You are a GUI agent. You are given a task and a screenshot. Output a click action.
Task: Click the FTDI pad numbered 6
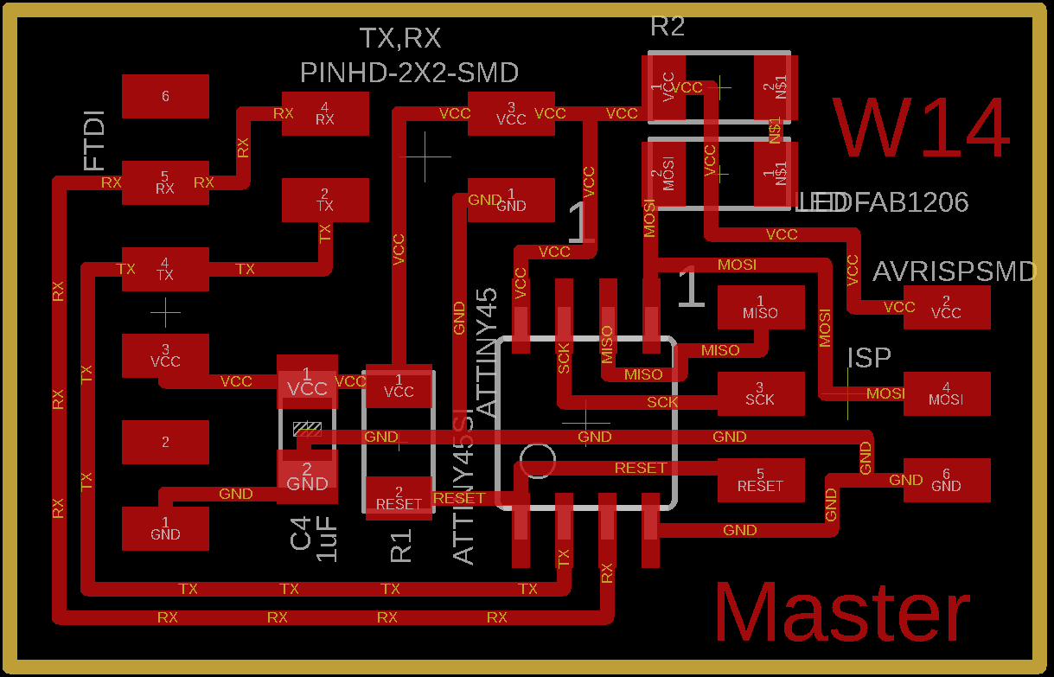(165, 96)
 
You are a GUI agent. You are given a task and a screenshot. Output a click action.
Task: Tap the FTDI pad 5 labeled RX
(165, 182)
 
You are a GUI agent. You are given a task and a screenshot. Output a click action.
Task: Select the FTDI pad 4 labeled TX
(165, 269)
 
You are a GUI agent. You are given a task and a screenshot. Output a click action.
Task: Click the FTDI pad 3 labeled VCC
(165, 355)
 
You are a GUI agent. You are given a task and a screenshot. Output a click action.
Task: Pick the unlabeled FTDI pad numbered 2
(165, 442)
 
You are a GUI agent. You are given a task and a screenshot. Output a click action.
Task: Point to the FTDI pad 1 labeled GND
(165, 528)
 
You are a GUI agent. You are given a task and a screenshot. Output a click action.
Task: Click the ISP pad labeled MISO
(761, 308)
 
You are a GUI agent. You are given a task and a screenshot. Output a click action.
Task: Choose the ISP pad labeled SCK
(761, 394)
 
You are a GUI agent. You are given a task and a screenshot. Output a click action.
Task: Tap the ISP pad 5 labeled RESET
(761, 480)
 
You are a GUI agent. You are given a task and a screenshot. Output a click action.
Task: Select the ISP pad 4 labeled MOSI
(947, 394)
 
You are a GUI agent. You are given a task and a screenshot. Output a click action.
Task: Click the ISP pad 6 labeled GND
(947, 480)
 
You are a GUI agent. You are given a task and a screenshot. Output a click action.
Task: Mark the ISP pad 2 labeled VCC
(947, 308)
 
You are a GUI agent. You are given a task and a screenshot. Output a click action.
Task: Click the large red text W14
(922, 129)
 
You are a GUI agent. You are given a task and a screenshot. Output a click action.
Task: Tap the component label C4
(300, 533)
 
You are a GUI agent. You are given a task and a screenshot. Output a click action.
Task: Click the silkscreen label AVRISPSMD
(954, 272)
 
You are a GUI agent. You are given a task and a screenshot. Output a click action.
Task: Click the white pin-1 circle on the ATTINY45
(539, 462)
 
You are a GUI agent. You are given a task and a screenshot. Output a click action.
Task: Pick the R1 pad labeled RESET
(399, 498)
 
